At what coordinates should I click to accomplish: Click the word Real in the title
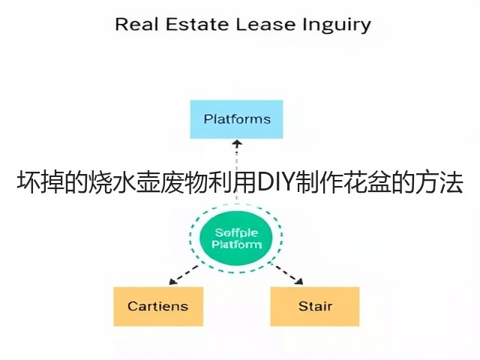point(136,24)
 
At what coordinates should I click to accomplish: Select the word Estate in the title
point(197,24)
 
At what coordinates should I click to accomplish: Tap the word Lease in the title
point(265,24)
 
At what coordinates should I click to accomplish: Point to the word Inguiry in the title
point(337,25)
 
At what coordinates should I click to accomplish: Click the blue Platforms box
point(237,119)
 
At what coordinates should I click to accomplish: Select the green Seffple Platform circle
point(235,238)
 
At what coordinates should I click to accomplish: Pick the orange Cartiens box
point(158,307)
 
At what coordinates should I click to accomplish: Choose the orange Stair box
point(315,307)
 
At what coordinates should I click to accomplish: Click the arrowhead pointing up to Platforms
point(237,143)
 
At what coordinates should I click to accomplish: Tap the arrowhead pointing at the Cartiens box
point(172,282)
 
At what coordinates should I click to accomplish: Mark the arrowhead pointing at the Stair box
point(299,281)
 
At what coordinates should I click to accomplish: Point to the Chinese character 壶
point(148,183)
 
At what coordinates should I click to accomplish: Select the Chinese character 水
point(125,183)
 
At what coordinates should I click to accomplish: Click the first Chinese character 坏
point(28,183)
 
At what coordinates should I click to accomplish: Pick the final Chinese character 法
point(451,183)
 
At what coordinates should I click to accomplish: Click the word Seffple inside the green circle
point(236,233)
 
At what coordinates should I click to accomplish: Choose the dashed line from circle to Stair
point(286,273)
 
